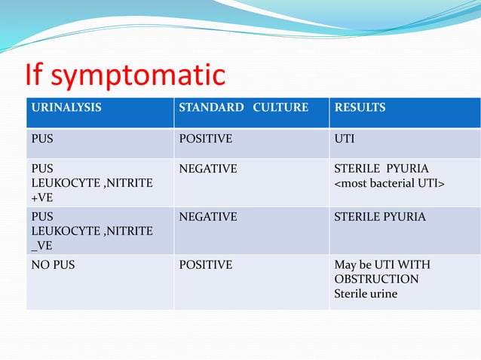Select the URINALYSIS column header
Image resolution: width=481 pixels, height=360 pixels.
click(66, 108)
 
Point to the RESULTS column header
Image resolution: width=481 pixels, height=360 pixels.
click(360, 108)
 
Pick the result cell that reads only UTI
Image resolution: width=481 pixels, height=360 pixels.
click(345, 139)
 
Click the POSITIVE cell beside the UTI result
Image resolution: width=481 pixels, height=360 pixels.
click(205, 139)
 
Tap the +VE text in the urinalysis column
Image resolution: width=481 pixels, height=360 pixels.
click(42, 197)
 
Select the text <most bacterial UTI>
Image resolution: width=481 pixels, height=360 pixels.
click(388, 183)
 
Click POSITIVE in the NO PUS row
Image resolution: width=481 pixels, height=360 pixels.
click(205, 265)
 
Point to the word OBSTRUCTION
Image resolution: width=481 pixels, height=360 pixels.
click(376, 279)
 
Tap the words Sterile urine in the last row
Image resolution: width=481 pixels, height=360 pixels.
click(366, 293)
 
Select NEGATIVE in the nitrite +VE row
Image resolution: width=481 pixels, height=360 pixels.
click(207, 169)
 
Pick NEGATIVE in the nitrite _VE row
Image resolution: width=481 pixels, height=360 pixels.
click(207, 217)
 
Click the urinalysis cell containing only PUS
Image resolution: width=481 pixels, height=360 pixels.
click(41, 139)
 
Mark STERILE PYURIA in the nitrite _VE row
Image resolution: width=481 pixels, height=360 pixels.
click(380, 217)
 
